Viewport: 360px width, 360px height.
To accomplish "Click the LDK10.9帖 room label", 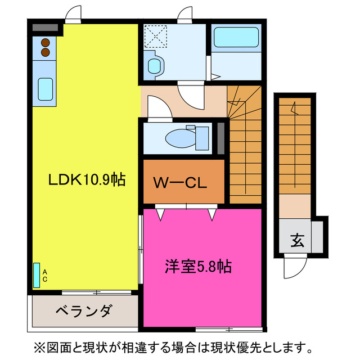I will (x=86, y=180).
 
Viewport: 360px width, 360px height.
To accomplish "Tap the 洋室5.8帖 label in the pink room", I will (x=198, y=265).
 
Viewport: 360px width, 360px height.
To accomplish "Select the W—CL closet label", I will (x=181, y=182).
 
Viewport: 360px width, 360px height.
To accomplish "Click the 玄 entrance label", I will (x=297, y=241).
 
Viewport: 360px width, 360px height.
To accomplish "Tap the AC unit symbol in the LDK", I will (x=37, y=276).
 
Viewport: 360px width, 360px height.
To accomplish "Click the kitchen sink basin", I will (x=45, y=88).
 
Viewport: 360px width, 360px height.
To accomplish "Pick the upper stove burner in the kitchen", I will (x=44, y=42).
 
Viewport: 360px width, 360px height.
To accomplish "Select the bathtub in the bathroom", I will (x=236, y=38).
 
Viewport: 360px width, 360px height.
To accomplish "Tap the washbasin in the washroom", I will (x=154, y=66).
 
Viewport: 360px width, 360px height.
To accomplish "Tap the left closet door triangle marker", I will (x=160, y=214).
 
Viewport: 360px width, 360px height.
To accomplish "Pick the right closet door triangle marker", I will (x=212, y=214).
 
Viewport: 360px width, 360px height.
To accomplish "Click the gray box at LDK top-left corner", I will (x=45, y=28).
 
